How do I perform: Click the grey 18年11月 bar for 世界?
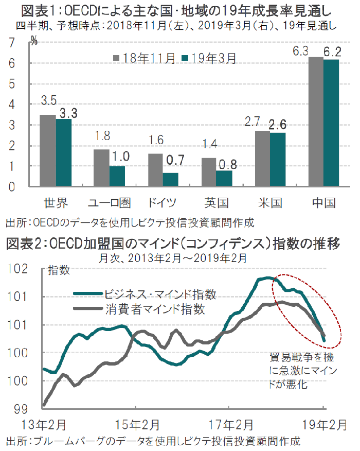(x=48, y=151)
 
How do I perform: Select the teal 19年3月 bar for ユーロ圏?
(x=117, y=177)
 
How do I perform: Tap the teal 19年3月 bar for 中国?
(x=331, y=123)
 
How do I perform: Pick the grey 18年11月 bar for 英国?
(x=208, y=172)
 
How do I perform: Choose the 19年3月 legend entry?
(x=210, y=58)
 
